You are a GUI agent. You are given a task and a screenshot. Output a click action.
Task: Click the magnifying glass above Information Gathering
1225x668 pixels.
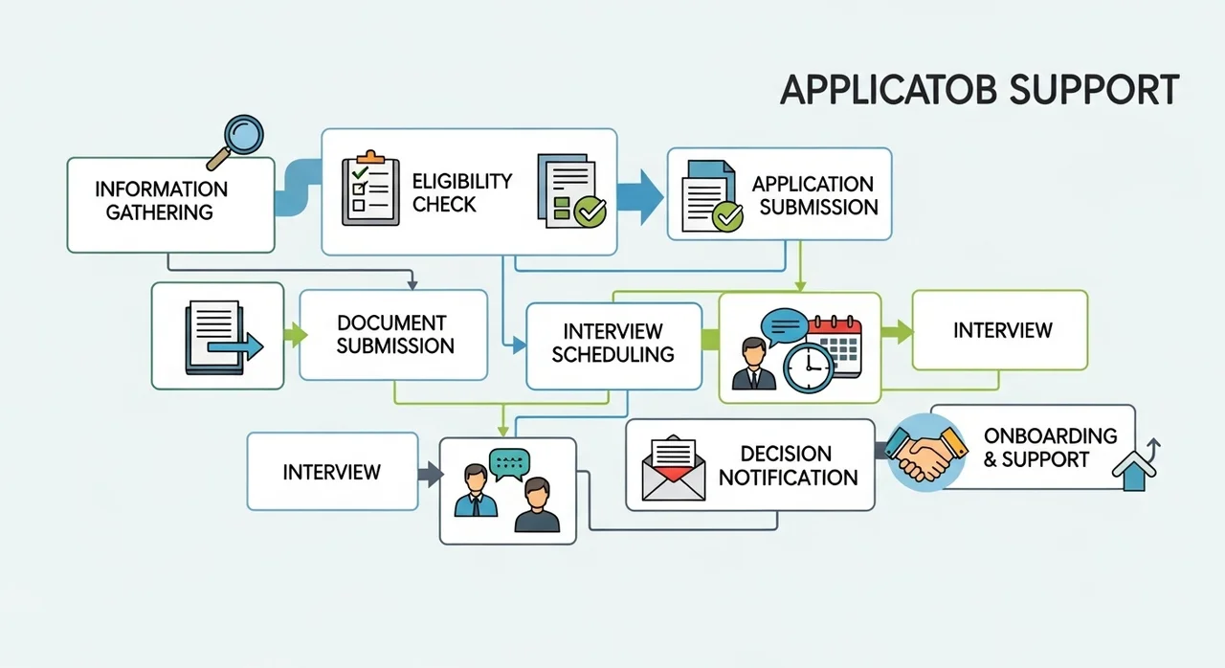tap(236, 141)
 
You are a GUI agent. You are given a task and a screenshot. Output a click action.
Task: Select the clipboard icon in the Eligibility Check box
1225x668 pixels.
tap(370, 188)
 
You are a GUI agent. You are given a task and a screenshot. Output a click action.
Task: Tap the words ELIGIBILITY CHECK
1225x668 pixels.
tap(462, 192)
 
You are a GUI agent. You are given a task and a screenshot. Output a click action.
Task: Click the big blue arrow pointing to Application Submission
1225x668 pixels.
tap(640, 197)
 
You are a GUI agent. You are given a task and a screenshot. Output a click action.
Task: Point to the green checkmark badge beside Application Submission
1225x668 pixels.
tap(727, 217)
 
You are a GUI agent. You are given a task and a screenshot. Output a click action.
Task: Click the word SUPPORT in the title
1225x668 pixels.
tap(1094, 90)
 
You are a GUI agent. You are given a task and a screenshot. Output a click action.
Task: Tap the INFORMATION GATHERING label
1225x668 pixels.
tap(161, 201)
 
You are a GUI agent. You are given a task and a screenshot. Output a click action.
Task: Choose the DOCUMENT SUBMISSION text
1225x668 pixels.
tap(395, 335)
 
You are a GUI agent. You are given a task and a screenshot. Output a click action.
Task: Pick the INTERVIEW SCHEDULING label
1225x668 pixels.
tap(612, 343)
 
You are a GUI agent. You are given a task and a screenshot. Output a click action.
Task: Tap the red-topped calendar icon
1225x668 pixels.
tap(835, 345)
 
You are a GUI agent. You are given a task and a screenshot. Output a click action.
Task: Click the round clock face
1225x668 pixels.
tap(809, 367)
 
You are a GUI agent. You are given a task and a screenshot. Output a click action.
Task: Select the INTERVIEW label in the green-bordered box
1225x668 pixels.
tap(1002, 330)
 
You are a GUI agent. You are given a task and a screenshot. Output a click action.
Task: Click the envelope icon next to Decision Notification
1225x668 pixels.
tap(673, 468)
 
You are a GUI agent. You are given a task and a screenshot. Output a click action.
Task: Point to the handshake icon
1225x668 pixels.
tap(925, 454)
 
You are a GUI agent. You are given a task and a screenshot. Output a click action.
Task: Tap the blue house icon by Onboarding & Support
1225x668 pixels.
tap(1135, 471)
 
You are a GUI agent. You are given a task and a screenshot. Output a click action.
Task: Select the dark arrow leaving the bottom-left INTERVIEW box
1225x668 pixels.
tap(431, 474)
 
